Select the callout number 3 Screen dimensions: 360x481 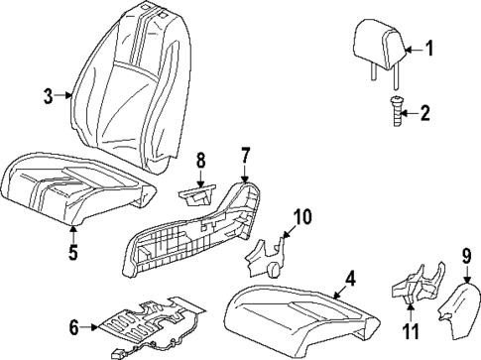pos(47,96)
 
